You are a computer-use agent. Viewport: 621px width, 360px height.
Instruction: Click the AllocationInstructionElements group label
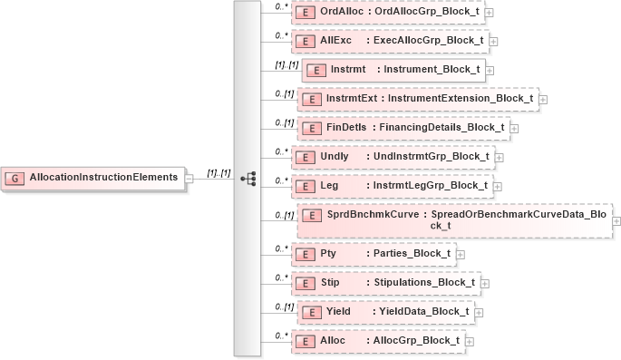point(102,177)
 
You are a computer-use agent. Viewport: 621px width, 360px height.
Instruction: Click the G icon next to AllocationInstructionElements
point(16,177)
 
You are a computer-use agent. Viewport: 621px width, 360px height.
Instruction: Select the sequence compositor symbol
point(247,178)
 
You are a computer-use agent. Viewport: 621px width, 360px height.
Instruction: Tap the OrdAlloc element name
point(341,11)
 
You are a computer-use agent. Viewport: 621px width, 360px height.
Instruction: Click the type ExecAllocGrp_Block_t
point(432,41)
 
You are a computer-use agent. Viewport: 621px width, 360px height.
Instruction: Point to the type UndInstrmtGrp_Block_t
point(432,156)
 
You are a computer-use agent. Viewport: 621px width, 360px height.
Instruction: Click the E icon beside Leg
point(308,186)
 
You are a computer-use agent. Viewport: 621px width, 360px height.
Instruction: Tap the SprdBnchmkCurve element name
point(372,214)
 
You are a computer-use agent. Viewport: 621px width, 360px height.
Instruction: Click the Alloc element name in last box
point(335,340)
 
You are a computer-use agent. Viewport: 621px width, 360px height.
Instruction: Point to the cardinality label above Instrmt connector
point(286,65)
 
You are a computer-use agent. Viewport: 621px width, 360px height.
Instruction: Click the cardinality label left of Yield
point(284,306)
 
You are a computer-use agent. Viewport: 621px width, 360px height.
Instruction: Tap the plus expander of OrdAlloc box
point(490,13)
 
